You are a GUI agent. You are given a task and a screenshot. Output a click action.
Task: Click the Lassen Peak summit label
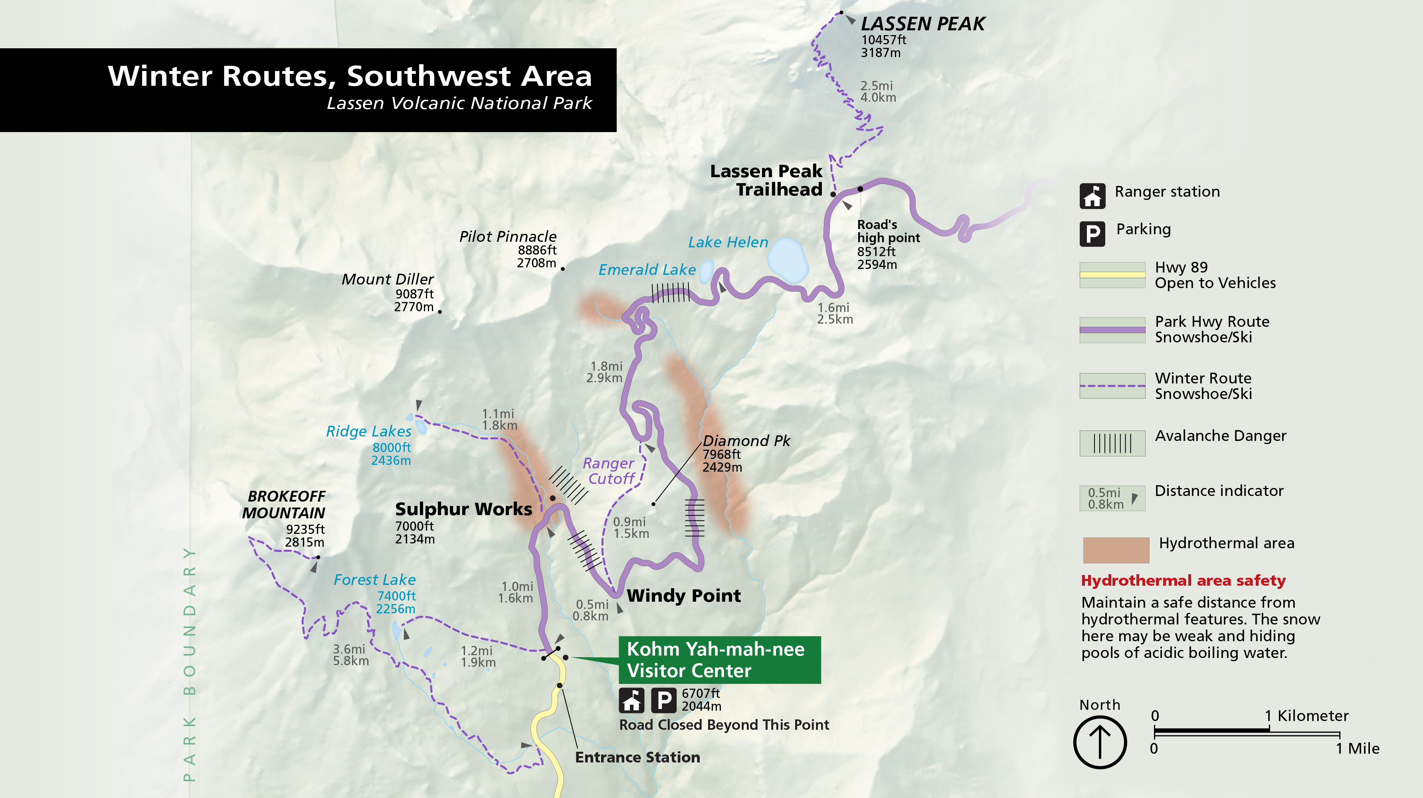point(922,24)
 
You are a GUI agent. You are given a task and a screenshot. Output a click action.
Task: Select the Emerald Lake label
point(647,269)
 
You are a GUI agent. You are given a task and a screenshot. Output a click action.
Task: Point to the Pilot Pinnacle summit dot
point(562,269)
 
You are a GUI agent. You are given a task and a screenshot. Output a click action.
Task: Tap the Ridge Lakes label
point(368,431)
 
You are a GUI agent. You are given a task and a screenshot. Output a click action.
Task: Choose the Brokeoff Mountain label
point(284,504)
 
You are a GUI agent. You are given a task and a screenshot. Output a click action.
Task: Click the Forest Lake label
point(374,580)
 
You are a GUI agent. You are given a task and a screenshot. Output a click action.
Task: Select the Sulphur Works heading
point(463,509)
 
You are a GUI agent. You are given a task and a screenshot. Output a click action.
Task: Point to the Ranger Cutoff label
point(609,471)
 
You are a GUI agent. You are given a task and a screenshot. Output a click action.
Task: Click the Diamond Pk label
point(746,440)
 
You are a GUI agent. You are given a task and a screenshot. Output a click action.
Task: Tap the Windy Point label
point(683,595)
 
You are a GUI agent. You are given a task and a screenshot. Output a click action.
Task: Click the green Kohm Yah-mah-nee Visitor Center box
point(719,660)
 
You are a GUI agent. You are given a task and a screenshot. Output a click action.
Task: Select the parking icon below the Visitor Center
point(663,701)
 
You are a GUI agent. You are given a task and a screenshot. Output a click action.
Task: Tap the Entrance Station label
point(637,757)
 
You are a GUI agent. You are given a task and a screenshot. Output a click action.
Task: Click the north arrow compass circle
point(1099,742)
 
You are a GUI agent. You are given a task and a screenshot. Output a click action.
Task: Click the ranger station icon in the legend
point(1092,196)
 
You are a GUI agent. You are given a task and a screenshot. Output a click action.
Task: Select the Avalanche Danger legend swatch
point(1112,443)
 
